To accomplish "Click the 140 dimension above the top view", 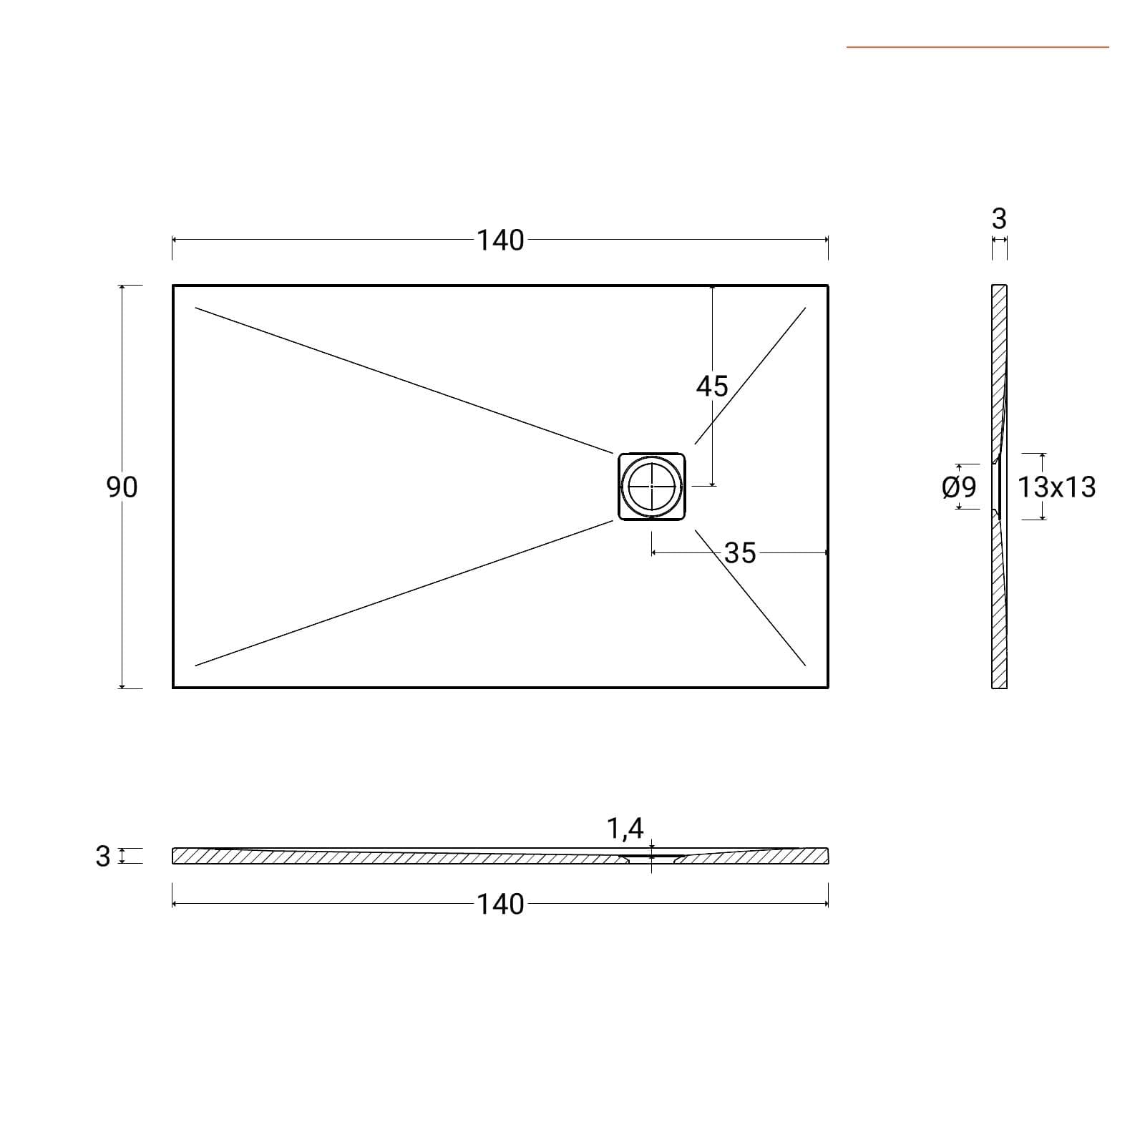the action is tap(500, 240).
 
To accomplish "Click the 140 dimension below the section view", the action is tap(500, 905).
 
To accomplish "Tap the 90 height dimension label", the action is tap(122, 487).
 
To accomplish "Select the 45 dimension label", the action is tap(712, 386).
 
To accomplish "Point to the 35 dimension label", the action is tap(740, 553).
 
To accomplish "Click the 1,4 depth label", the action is tap(625, 829).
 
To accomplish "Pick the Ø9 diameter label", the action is tap(960, 487).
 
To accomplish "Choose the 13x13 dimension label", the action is tap(1057, 487).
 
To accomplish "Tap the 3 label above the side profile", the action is tap(1000, 219).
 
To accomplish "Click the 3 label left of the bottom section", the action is tap(103, 856).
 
